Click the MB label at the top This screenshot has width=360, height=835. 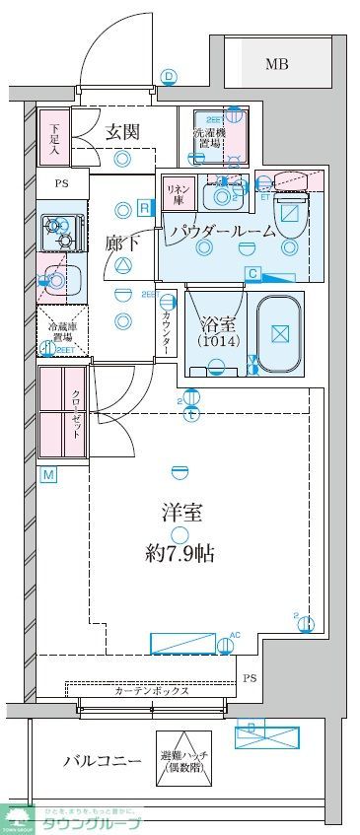click(278, 65)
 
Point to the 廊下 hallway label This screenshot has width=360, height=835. click(124, 242)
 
